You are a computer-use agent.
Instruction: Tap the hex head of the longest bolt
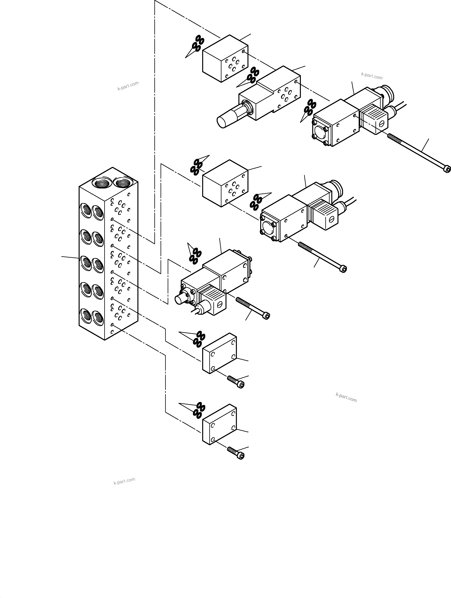point(447,169)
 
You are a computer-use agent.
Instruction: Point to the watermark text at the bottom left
point(124,481)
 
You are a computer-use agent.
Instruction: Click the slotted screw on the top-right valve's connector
point(381,124)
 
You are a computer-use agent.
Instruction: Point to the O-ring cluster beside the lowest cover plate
point(199,411)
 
